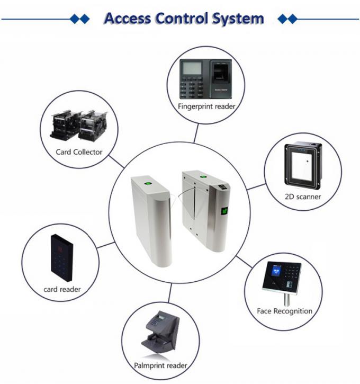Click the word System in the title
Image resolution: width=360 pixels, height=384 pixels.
[x=238, y=19]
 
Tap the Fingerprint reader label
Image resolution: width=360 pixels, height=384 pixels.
[x=206, y=106]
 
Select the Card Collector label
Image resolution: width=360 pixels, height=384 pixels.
[x=79, y=152]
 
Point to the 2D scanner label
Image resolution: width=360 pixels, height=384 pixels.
[x=303, y=197]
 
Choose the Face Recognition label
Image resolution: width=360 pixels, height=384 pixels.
[x=284, y=311]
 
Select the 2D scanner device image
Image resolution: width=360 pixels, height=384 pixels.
[x=303, y=166]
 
